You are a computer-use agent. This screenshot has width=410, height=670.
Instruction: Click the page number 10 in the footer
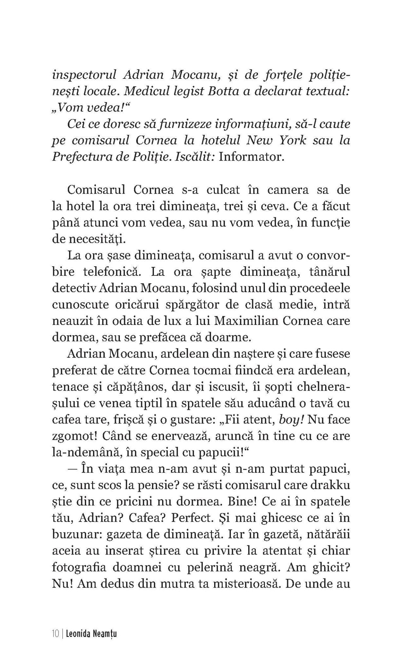tap(55, 634)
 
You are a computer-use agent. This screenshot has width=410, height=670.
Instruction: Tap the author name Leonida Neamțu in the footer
tap(91, 634)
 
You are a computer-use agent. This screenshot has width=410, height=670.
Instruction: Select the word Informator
tap(250, 157)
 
